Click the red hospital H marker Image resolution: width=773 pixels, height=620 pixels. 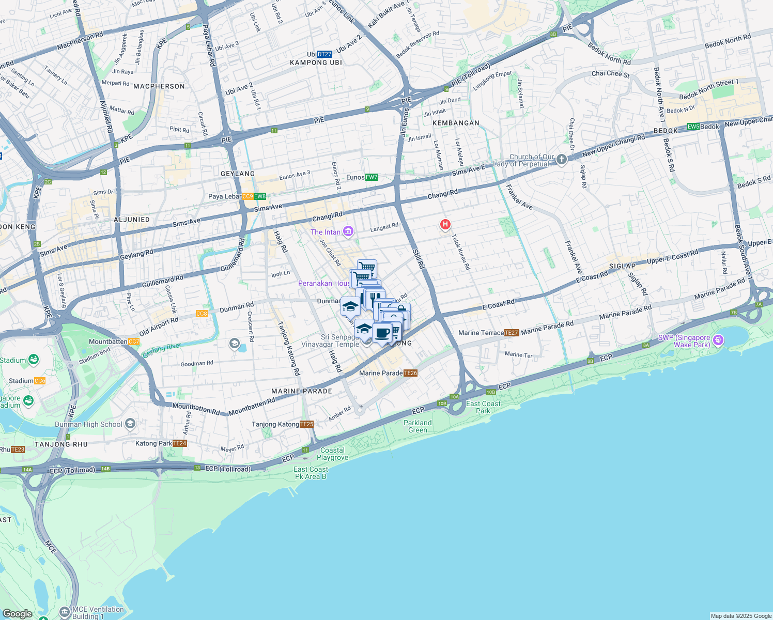pyautogui.click(x=445, y=225)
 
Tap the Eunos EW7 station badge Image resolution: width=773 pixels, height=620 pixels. pyautogui.click(x=371, y=177)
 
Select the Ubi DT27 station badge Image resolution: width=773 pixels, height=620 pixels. pyautogui.click(x=324, y=54)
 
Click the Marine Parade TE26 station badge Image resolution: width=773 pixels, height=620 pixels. pyautogui.click(x=410, y=373)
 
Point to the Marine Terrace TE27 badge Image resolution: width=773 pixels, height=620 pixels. pyautogui.click(x=511, y=333)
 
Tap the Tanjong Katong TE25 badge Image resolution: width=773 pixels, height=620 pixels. pyautogui.click(x=306, y=424)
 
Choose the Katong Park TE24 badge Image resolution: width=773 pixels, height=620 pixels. pyautogui.click(x=179, y=443)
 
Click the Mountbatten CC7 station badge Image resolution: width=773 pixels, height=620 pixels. pyautogui.click(x=133, y=342)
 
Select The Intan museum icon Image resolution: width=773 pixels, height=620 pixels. pyautogui.click(x=348, y=231)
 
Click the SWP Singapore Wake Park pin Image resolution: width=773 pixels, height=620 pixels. pyautogui.click(x=718, y=340)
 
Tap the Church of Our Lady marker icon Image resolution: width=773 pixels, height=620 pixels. pyautogui.click(x=562, y=160)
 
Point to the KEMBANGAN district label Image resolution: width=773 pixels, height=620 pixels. pyautogui.click(x=456, y=123)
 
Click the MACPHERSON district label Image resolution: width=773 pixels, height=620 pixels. pyautogui.click(x=159, y=86)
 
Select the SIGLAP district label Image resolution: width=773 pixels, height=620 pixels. pyautogui.click(x=622, y=266)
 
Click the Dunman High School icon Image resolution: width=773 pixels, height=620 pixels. pyautogui.click(x=130, y=424)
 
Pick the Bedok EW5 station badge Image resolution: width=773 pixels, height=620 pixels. pyautogui.click(x=693, y=127)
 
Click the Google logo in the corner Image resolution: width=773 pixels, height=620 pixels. pyautogui.click(x=17, y=613)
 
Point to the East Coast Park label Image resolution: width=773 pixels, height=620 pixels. pyautogui.click(x=483, y=407)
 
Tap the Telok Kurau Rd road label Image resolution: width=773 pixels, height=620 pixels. pyautogui.click(x=461, y=252)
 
